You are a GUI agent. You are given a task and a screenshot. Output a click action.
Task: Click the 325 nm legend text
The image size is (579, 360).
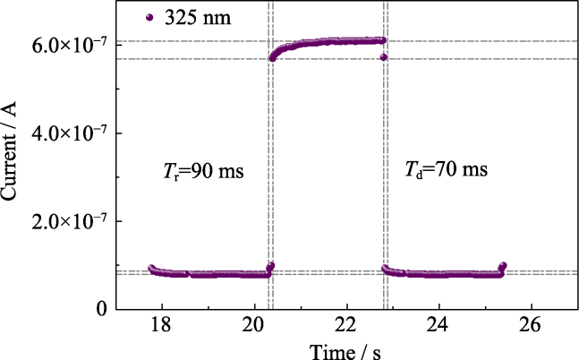click(198, 18)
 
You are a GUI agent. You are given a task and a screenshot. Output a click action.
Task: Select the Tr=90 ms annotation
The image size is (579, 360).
click(196, 171)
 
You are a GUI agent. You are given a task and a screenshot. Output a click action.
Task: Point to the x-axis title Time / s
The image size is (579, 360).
click(345, 350)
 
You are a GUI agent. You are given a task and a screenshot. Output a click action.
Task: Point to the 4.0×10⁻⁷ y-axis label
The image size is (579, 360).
click(73, 133)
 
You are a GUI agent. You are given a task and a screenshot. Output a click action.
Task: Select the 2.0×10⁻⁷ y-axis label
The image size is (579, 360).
click(73, 221)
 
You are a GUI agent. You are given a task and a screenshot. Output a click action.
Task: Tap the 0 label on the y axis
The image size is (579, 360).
click(101, 309)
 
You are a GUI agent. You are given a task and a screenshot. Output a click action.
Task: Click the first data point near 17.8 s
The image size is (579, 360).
click(151, 269)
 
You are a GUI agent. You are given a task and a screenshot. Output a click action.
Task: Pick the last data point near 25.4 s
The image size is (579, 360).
click(503, 266)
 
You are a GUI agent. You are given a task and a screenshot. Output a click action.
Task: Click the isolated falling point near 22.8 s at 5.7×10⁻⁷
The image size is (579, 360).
click(383, 57)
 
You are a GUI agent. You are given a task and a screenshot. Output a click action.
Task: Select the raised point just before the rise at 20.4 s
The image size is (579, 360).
click(271, 265)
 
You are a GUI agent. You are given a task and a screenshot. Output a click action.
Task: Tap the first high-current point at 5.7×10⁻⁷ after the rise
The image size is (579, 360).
click(272, 58)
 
